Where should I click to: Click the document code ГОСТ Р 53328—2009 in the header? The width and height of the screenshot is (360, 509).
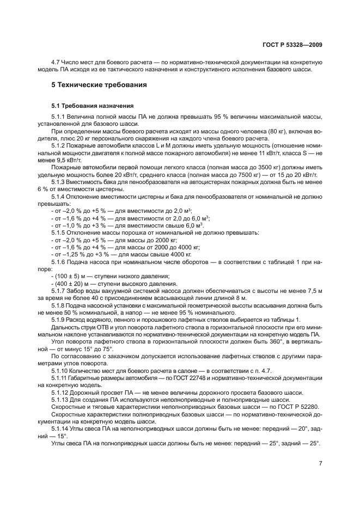click(x=294, y=43)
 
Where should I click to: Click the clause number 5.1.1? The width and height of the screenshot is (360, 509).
click(x=59, y=117)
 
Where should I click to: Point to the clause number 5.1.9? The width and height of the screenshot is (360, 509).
click(x=59, y=319)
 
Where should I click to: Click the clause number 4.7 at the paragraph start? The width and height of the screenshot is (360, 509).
click(x=56, y=63)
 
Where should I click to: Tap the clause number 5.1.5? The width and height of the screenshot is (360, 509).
click(x=59, y=231)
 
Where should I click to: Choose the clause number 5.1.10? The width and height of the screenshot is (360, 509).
click(x=60, y=370)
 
